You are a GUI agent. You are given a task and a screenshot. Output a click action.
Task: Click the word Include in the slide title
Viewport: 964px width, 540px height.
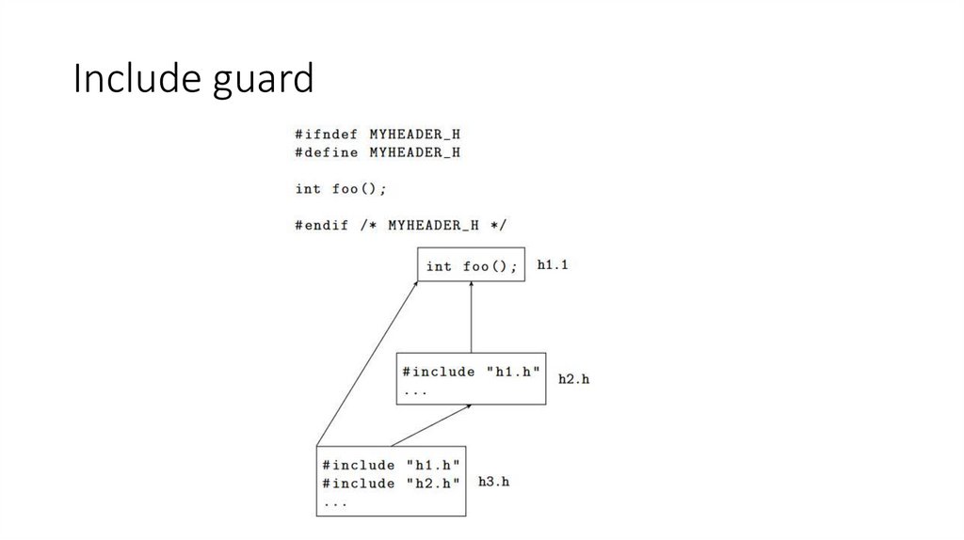tap(134, 80)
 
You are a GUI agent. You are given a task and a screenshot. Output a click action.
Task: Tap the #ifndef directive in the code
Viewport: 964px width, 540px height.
tap(326, 135)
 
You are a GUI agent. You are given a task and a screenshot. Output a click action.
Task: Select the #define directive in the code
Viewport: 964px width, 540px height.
tap(326, 151)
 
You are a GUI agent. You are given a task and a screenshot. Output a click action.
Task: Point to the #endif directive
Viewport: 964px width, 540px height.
tap(321, 225)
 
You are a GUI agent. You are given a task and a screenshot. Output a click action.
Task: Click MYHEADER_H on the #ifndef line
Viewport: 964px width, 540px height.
tap(414, 135)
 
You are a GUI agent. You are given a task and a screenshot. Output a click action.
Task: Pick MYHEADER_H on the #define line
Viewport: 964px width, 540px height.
tap(414, 151)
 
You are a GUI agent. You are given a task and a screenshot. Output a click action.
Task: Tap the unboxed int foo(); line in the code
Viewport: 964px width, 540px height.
tap(341, 188)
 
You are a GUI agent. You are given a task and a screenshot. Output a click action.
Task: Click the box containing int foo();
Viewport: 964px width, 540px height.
tap(471, 266)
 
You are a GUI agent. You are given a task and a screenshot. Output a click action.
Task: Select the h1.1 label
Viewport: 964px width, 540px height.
tap(553, 265)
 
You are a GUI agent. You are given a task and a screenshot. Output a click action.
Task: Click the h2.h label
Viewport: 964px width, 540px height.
tap(573, 379)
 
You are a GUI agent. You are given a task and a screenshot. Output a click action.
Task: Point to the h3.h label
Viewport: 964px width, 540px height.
tap(494, 481)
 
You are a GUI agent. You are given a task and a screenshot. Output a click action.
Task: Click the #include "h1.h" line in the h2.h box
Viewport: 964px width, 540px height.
tap(471, 372)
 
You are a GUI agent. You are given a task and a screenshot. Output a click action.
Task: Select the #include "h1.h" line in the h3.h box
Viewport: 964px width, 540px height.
tap(391, 465)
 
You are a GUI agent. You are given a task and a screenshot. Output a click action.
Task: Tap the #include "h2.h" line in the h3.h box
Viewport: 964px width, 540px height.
tap(391, 483)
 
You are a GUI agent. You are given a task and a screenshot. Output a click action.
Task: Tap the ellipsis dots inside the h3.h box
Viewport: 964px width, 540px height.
tap(334, 502)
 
